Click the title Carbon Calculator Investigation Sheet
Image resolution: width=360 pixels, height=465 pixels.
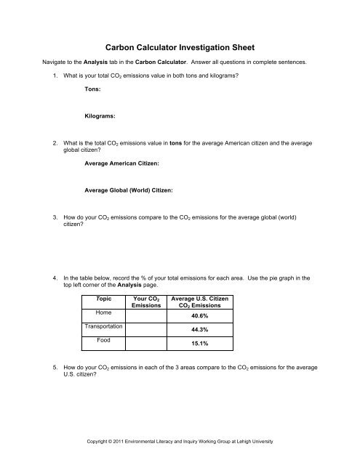[x=180, y=44]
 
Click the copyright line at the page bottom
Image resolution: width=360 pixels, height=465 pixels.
[x=179, y=442]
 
